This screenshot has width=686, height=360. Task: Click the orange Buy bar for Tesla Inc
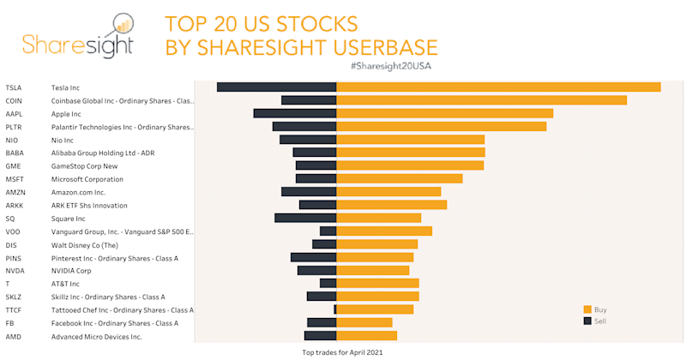[497, 87]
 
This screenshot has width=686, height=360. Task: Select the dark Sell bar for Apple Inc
[294, 113]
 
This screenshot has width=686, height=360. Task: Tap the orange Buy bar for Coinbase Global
[480, 100]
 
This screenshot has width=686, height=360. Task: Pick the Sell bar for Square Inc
[304, 218]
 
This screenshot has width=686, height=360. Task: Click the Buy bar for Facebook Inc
[364, 322]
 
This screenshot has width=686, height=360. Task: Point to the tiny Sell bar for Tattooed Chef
[334, 309]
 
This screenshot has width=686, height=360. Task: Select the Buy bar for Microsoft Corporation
[399, 178]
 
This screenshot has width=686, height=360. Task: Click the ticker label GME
[13, 166]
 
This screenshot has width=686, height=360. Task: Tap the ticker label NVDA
[15, 271]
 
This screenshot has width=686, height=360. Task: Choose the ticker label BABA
[15, 153]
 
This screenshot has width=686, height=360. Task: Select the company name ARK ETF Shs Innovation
[89, 206]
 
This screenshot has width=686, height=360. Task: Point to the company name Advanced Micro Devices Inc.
[96, 336]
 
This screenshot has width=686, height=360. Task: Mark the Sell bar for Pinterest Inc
[313, 257]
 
